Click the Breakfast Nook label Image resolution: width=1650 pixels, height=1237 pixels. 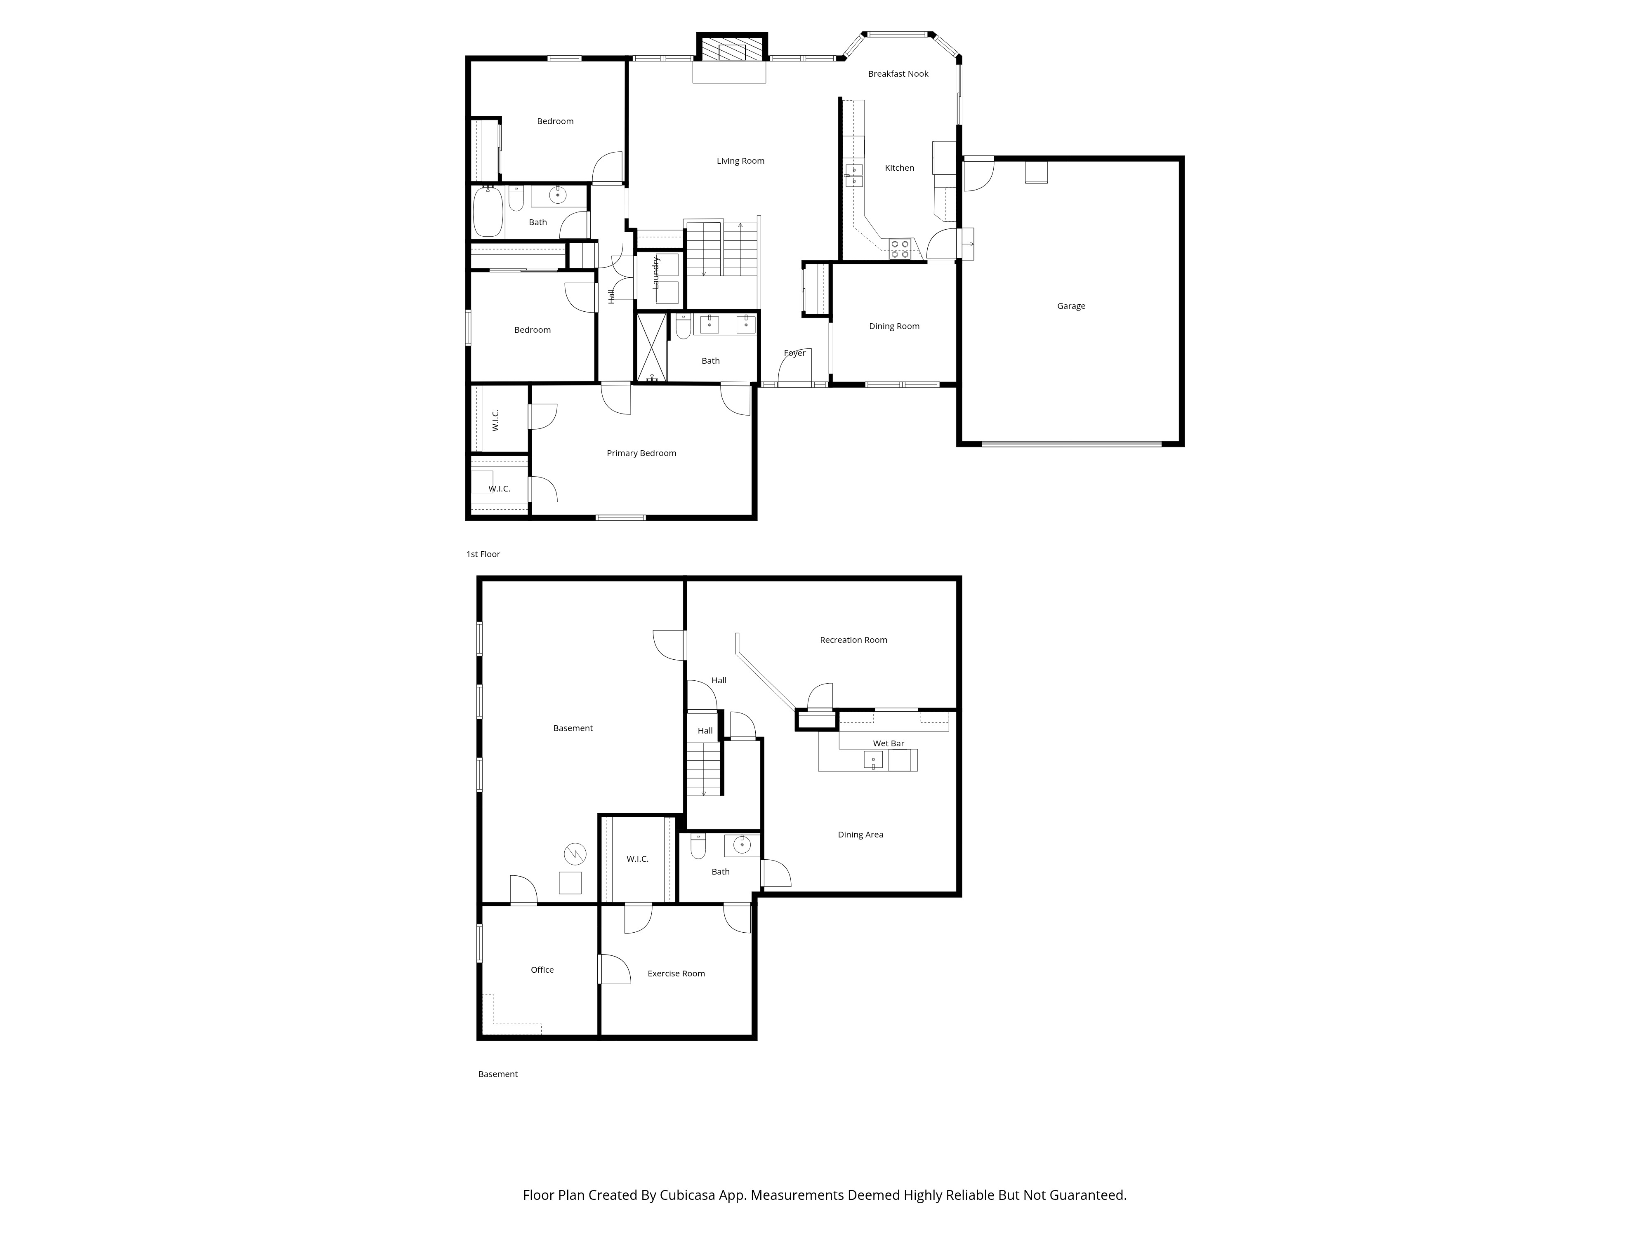tap(898, 74)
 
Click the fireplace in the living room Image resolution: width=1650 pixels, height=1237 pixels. tap(732, 49)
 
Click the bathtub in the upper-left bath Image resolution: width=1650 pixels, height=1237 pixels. tap(488, 212)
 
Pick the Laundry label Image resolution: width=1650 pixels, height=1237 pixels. tap(656, 273)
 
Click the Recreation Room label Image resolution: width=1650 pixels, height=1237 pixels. tap(853, 640)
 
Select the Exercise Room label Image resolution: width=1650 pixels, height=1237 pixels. tap(676, 973)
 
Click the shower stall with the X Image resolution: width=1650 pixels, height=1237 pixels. tap(652, 348)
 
